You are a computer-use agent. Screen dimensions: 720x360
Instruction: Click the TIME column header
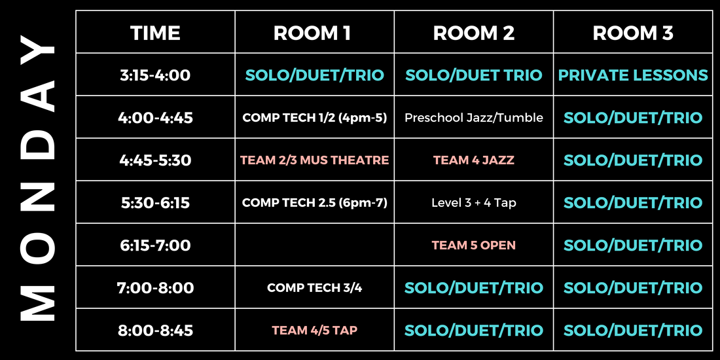point(155,33)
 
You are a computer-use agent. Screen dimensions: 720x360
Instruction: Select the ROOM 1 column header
point(312,33)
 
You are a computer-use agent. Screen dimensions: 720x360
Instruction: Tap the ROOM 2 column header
point(474,33)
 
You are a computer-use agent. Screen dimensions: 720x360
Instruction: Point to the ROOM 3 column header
point(633,33)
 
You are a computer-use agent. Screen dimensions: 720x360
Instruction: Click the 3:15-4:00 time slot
point(155,75)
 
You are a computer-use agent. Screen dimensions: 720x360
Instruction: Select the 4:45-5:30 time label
point(155,160)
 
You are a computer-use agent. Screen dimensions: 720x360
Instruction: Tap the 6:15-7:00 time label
point(155,245)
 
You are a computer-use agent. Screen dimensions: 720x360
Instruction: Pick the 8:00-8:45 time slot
point(155,331)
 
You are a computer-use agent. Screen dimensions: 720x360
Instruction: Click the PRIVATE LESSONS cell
point(633,75)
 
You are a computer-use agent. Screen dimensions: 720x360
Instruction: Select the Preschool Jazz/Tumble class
point(474,118)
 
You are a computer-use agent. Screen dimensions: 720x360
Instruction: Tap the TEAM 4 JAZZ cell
point(474,160)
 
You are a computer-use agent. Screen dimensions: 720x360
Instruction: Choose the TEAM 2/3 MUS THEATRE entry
point(315,160)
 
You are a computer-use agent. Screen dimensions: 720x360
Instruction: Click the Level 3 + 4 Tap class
point(474,202)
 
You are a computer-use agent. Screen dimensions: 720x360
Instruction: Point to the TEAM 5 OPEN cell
point(474,245)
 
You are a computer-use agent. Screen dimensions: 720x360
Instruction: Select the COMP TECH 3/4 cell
point(315,288)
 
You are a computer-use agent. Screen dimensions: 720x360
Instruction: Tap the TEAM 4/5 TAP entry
point(315,331)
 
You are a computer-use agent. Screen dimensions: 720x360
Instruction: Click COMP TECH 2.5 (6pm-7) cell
point(315,202)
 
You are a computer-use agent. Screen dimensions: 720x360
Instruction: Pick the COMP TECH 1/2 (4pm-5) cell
point(315,118)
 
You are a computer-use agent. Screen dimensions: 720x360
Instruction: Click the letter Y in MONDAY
point(38,50)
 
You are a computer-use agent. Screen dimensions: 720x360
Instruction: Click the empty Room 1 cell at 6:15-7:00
point(315,245)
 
